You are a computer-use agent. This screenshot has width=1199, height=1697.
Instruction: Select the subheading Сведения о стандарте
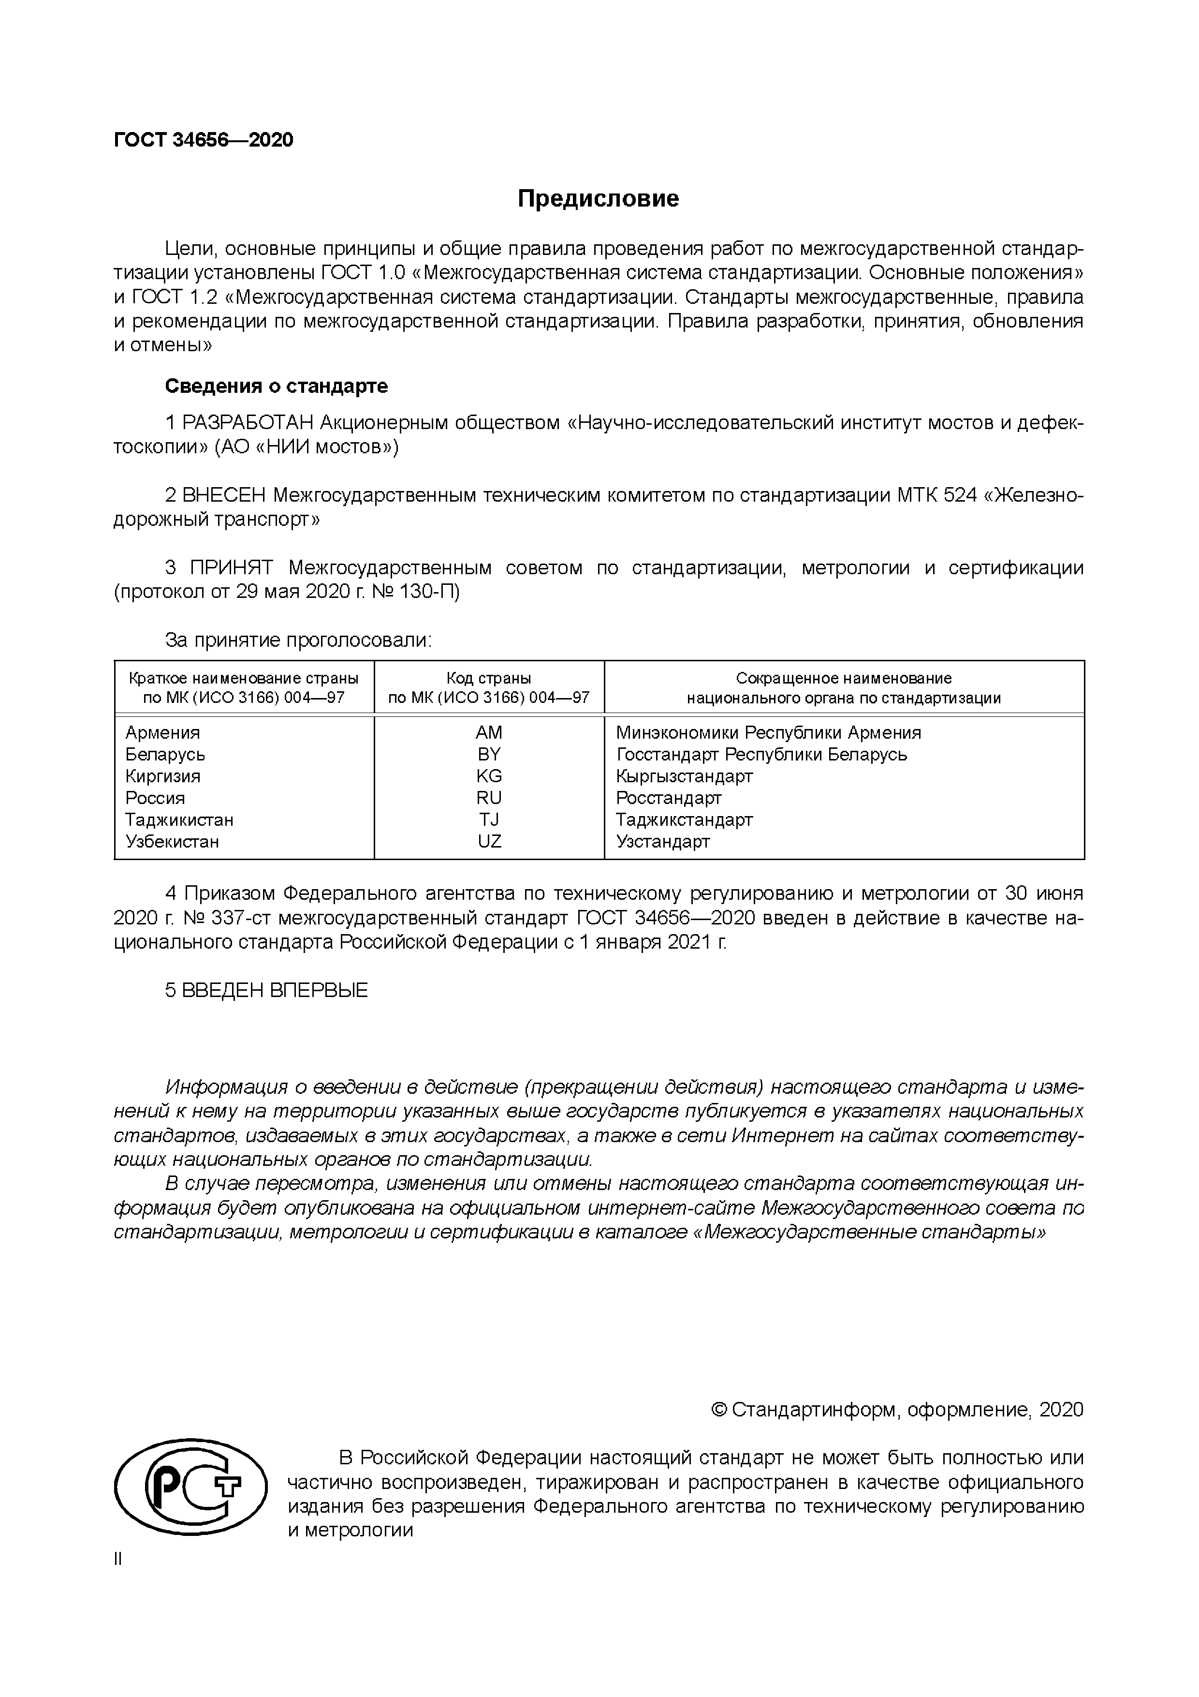tap(276, 386)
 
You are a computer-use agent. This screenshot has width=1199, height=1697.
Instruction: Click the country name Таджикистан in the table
tap(179, 819)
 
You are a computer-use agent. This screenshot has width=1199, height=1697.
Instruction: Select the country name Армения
tap(162, 732)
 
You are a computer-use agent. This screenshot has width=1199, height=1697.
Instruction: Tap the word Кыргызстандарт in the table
tap(684, 776)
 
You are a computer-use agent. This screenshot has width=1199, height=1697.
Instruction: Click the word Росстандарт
tap(669, 798)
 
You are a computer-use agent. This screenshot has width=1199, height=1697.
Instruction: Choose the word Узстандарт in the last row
tap(663, 841)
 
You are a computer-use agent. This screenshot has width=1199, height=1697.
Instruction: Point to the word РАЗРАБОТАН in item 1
tap(249, 423)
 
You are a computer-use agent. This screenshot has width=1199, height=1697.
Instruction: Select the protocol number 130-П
tap(431, 592)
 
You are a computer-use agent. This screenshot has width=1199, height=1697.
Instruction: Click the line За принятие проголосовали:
tap(298, 640)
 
